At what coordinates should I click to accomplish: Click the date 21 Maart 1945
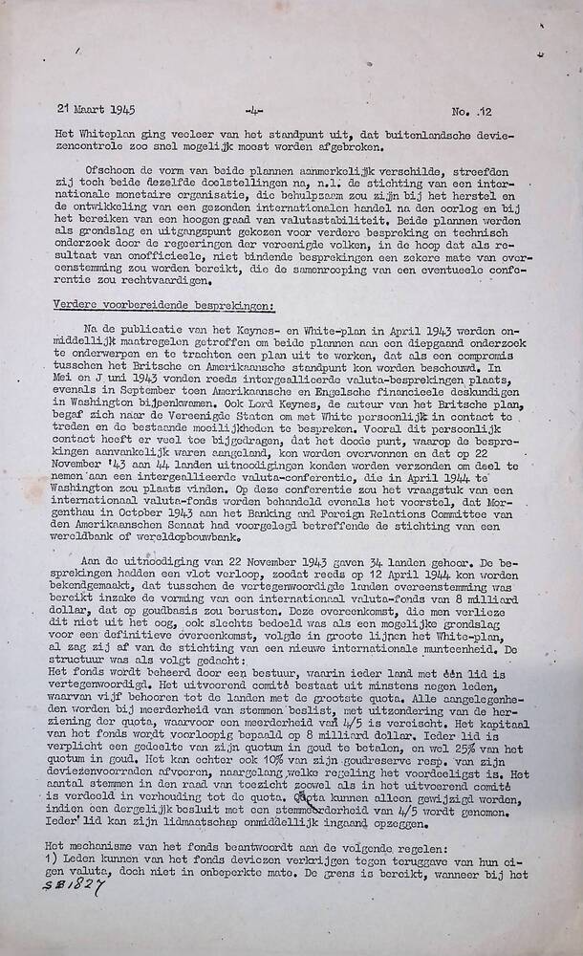96,110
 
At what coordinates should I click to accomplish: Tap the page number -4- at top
253,111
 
